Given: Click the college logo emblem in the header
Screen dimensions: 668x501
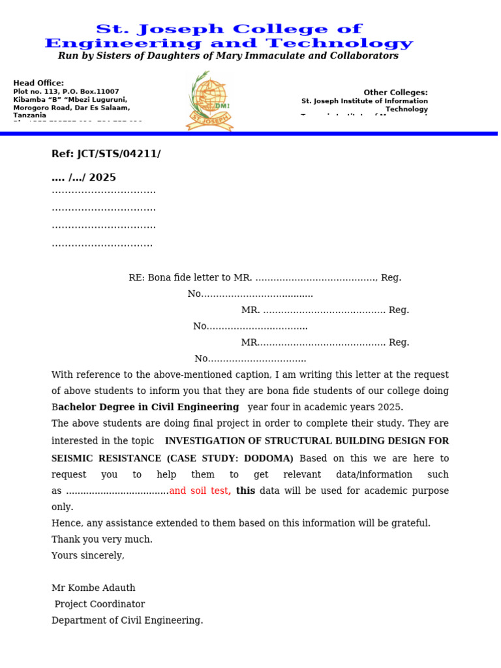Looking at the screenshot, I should [x=209, y=102].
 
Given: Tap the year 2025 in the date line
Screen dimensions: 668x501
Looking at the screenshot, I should [x=103, y=177].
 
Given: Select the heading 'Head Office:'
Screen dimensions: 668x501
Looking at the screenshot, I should [x=38, y=83].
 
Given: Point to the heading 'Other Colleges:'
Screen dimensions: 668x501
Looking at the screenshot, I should [x=395, y=93].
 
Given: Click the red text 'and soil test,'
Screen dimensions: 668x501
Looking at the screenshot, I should [x=200, y=491].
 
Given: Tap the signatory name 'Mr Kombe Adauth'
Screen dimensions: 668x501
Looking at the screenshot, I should [x=93, y=588].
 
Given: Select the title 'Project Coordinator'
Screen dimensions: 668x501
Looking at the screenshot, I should [x=99, y=604].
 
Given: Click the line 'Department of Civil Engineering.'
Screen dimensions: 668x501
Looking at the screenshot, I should [x=127, y=620].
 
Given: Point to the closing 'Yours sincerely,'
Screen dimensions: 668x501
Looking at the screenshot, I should [x=87, y=555].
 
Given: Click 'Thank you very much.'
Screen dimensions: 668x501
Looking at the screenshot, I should [x=102, y=539].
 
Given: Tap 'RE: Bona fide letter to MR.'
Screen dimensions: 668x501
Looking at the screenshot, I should [x=190, y=277].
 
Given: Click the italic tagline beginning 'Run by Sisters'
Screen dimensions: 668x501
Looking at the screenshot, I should [x=228, y=56].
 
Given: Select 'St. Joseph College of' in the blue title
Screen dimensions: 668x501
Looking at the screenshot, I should [x=228, y=29].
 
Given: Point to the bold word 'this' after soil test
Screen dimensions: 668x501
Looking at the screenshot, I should [x=245, y=491].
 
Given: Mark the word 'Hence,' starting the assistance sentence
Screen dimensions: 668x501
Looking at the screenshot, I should [x=66, y=523].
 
